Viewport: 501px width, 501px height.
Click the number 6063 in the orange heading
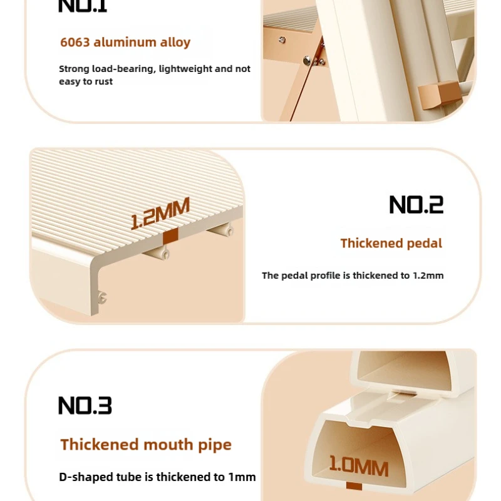pos(75,42)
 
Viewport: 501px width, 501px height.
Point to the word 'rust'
pos(103,81)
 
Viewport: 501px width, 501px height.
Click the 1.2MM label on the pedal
pos(160,214)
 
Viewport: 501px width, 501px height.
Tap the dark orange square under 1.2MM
pos(170,237)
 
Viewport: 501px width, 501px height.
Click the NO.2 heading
pos(416,205)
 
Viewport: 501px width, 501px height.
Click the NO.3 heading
pos(85,405)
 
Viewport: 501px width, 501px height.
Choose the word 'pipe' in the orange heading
pos(214,445)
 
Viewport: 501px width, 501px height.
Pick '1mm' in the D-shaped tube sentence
pos(242,477)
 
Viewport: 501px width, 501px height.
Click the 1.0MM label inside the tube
pos(359,467)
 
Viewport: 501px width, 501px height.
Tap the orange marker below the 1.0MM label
pos(354,486)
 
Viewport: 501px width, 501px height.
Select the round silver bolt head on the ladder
pos(307,59)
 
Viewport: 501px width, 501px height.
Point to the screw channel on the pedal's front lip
pos(102,297)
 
